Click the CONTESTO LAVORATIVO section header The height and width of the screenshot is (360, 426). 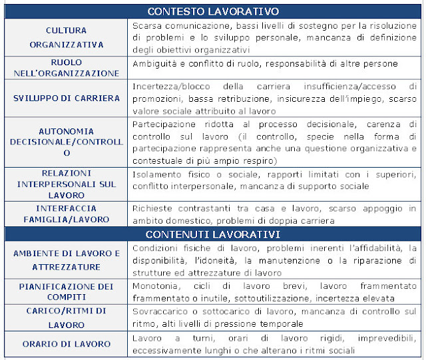click(213, 11)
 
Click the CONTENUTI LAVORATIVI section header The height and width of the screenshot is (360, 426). click(213, 234)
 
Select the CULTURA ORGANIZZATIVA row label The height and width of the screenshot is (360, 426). click(66, 38)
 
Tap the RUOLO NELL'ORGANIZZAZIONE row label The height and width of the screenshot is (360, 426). click(66, 68)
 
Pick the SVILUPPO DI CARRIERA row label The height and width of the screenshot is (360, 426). click(66, 98)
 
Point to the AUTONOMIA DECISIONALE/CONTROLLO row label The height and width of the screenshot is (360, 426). click(66, 142)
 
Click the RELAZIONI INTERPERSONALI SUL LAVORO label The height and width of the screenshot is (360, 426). click(66, 184)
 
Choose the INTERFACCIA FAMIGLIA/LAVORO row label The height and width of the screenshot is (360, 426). click(66, 214)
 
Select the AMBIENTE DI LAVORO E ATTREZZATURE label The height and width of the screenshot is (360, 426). click(66, 260)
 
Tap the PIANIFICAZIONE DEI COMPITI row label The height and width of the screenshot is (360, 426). click(66, 291)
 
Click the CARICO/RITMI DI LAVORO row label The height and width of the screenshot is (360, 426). click(66, 317)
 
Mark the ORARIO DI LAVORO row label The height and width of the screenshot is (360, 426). click(66, 343)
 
